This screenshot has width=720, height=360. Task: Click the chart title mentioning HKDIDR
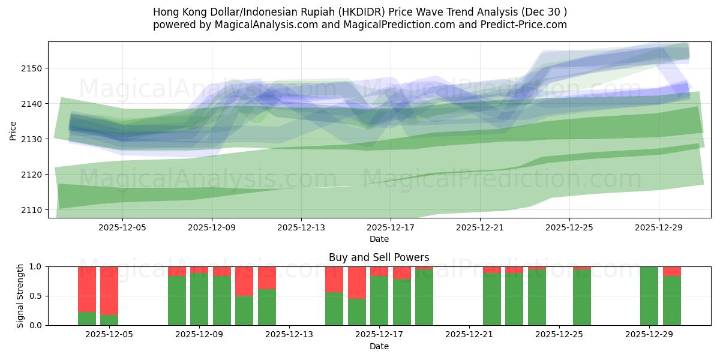(x=360, y=12)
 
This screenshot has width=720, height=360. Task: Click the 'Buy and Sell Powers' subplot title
(x=379, y=257)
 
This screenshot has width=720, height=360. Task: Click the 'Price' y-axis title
(x=13, y=130)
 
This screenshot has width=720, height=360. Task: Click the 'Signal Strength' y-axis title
(x=20, y=296)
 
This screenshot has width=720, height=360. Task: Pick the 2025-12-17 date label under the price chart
(x=390, y=227)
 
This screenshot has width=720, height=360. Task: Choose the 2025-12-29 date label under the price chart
(x=659, y=227)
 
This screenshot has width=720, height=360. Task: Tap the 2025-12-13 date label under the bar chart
(x=289, y=334)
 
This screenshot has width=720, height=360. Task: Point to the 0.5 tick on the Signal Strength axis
(x=35, y=296)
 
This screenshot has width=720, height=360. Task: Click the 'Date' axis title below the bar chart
(x=379, y=346)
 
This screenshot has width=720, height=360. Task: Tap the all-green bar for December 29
(x=649, y=296)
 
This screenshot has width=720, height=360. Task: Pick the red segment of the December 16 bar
(x=357, y=283)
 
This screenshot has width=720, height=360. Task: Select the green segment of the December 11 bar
(x=244, y=310)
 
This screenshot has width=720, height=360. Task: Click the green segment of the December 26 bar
(x=582, y=298)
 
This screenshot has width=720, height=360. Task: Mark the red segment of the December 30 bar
(x=672, y=271)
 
